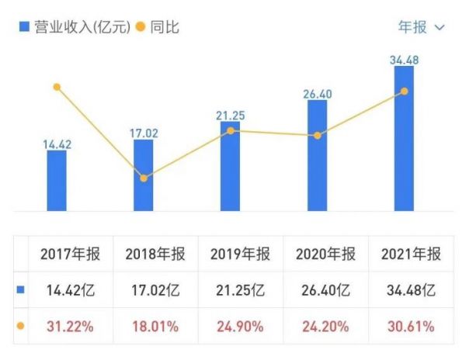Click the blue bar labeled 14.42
(x=57, y=180)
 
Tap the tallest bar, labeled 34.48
(x=404, y=138)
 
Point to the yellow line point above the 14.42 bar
(x=57, y=87)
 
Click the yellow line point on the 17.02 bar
(x=144, y=178)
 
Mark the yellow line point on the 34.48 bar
(x=404, y=92)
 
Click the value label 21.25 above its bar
(x=231, y=116)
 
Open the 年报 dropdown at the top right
(x=421, y=27)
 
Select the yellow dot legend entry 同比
(x=158, y=27)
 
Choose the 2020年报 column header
(x=325, y=254)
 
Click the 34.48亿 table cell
(x=412, y=291)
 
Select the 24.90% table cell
(x=240, y=327)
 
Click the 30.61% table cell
(x=412, y=327)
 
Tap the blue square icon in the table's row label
(x=21, y=291)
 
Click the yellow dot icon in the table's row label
(x=21, y=327)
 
